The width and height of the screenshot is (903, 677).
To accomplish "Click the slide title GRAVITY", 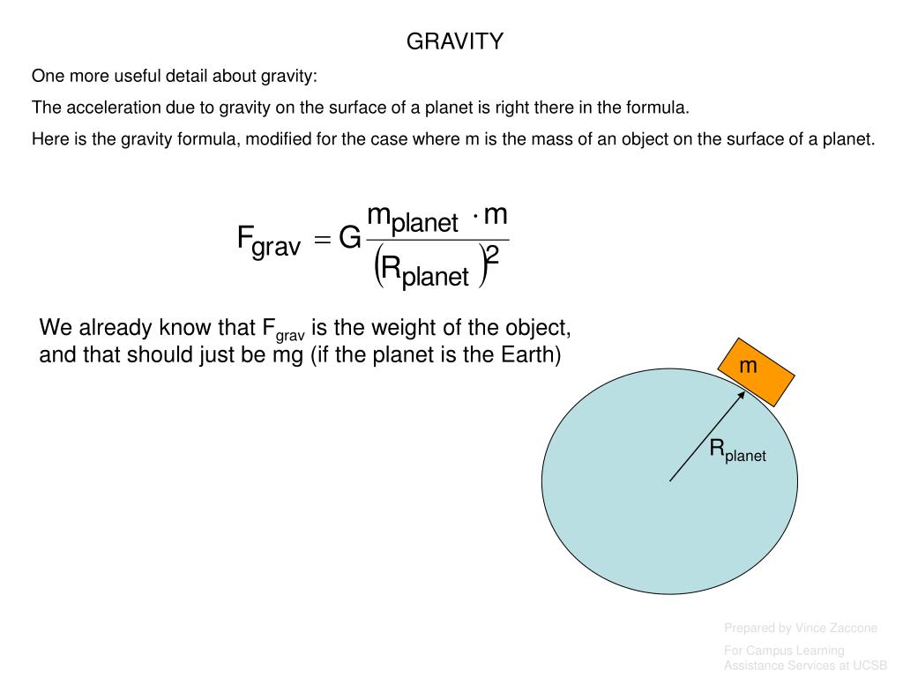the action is pyautogui.click(x=454, y=41).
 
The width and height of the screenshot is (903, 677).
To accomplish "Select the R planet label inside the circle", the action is pyautogui.click(x=737, y=450).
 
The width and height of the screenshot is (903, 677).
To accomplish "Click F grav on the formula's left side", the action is pyautogui.click(x=269, y=241).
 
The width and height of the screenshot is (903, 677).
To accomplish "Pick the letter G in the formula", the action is pyautogui.click(x=349, y=239).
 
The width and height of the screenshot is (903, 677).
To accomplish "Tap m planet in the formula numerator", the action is pyautogui.click(x=412, y=218).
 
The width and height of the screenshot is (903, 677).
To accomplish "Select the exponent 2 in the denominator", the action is pyautogui.click(x=493, y=257).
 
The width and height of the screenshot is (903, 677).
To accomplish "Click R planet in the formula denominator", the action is pyautogui.click(x=425, y=272).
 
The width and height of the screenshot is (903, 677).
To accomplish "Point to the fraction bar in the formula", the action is pyautogui.click(x=437, y=240).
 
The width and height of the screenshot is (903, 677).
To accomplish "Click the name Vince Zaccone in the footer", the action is pyautogui.click(x=835, y=628).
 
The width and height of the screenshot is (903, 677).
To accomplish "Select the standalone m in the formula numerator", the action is pyautogui.click(x=496, y=214).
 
